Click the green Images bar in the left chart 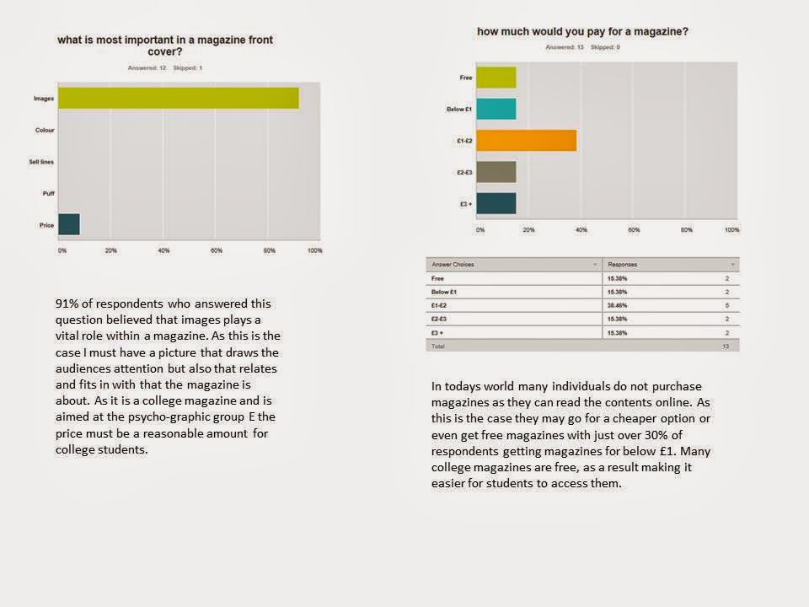pyautogui.click(x=177, y=99)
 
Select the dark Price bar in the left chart pyautogui.click(x=68, y=224)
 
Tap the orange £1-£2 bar pyautogui.click(x=527, y=140)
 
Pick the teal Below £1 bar pyautogui.click(x=496, y=109)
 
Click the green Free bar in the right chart pyautogui.click(x=496, y=78)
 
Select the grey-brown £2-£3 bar pyautogui.click(x=496, y=172)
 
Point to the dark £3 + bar pyautogui.click(x=496, y=203)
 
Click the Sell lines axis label pyautogui.click(x=41, y=161)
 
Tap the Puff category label pyautogui.click(x=48, y=193)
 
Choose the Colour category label pyautogui.click(x=45, y=130)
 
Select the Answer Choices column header pyautogui.click(x=453, y=265)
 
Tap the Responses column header pyautogui.click(x=622, y=265)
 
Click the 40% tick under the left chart pyautogui.click(x=163, y=251)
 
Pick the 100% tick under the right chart pyautogui.click(x=731, y=230)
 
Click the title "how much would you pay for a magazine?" pyautogui.click(x=582, y=32)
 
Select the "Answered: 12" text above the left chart pyautogui.click(x=147, y=67)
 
